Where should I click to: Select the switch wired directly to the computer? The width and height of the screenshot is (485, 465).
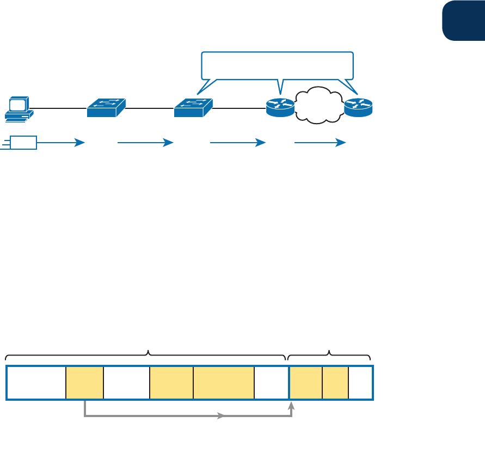(x=106, y=107)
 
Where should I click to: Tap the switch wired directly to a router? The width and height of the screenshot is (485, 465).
(x=193, y=107)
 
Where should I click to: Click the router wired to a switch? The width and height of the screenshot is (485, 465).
(x=280, y=107)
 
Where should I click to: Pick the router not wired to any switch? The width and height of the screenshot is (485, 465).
(x=358, y=107)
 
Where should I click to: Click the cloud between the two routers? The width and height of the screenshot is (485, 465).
(x=319, y=104)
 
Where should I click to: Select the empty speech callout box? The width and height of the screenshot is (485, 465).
(x=278, y=65)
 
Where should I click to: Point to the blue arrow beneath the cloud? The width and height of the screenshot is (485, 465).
(x=320, y=143)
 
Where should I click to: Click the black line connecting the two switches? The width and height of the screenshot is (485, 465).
(x=150, y=109)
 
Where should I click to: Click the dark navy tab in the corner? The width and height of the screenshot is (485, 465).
(x=463, y=20)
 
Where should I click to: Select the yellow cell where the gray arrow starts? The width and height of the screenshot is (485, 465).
(x=84, y=383)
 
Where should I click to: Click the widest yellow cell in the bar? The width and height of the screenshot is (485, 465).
(x=223, y=383)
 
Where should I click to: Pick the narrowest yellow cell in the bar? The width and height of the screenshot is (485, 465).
(x=335, y=383)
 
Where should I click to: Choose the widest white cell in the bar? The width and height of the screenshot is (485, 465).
(x=36, y=383)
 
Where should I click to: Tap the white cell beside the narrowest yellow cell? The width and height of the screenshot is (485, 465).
(x=360, y=383)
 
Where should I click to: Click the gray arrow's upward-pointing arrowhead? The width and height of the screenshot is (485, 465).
(x=292, y=405)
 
